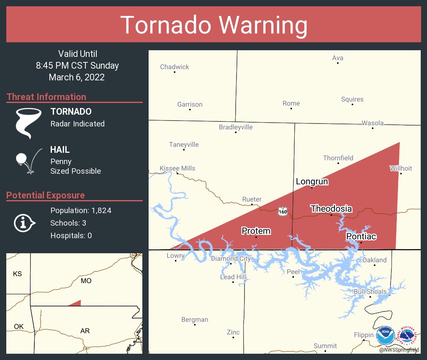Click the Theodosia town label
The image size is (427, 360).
pos(331,209)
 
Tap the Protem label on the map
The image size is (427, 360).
pos(256,231)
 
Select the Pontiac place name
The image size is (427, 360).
pos(361,237)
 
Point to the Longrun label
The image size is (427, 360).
pos(312,182)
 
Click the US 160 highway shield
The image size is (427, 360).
pos(283,212)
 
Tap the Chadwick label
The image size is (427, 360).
pos(175,67)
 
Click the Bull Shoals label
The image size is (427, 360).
pos(370,292)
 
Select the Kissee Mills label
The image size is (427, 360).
pos(177,168)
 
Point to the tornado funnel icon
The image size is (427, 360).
pos(28,123)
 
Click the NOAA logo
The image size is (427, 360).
pos(385,336)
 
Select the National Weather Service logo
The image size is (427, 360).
pos(409,336)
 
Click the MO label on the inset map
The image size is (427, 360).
pos(86,281)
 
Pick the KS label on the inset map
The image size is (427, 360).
pos(17,274)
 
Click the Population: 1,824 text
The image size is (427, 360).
pos(81,211)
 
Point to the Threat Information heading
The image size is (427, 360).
pos(46,97)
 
